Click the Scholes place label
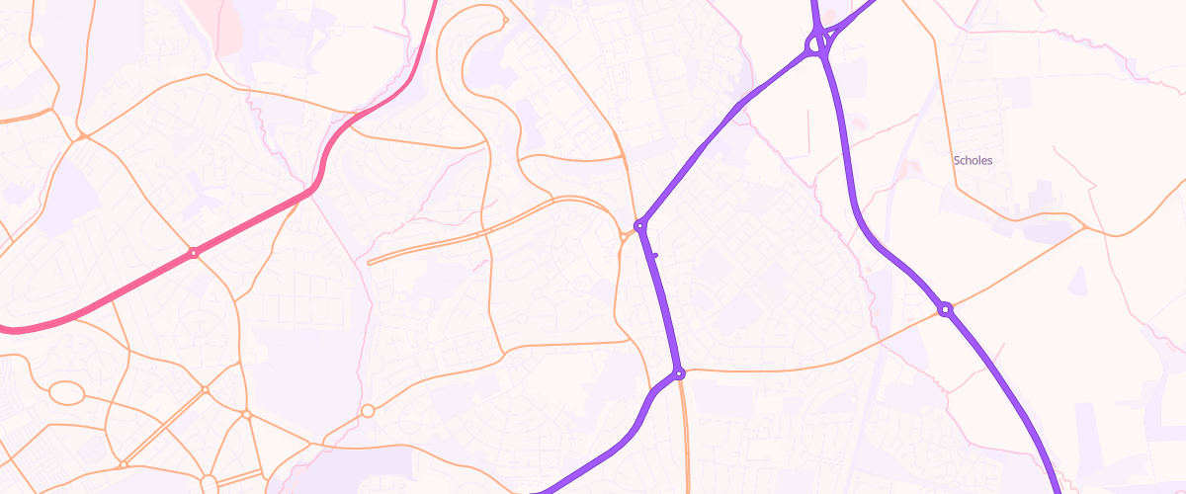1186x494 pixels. (973, 160)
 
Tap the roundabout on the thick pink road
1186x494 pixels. (194, 253)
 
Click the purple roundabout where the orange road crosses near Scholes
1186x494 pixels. (945, 309)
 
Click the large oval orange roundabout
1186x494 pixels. (66, 394)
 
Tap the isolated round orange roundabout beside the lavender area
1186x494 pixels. (368, 410)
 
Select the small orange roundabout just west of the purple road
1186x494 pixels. (624, 236)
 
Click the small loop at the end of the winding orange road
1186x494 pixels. (505, 20)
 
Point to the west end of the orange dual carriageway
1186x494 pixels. (370, 263)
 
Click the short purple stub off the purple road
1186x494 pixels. (654, 255)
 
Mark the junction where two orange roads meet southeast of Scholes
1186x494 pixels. (1085, 227)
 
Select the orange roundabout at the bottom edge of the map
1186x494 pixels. (208, 483)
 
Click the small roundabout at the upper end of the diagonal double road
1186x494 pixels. (205, 389)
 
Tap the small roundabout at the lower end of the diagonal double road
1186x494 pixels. (124, 463)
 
